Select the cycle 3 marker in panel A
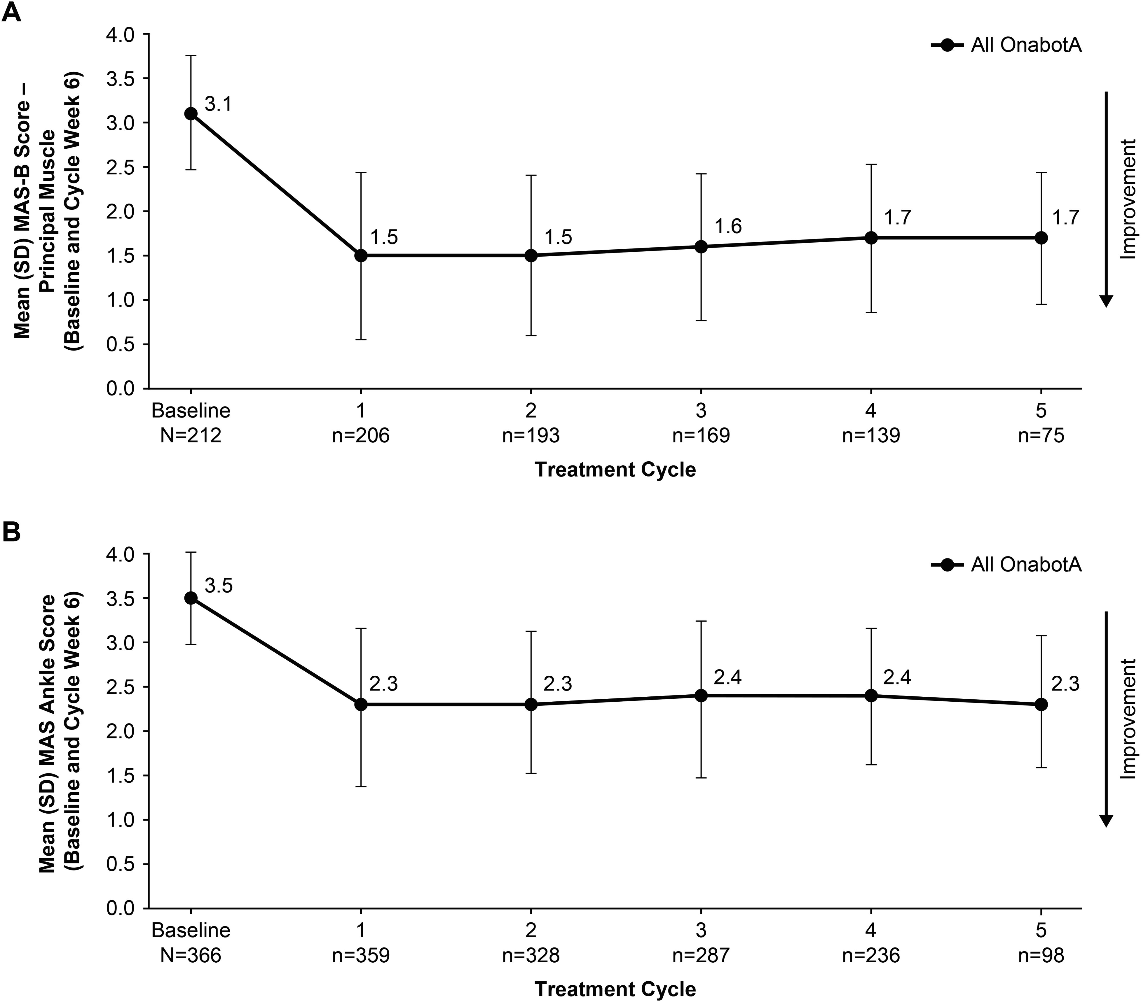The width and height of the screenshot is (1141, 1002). click(701, 247)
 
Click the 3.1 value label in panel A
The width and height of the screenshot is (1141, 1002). click(218, 104)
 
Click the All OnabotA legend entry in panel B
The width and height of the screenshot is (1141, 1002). click(1006, 565)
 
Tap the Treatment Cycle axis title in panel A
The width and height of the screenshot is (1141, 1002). click(615, 470)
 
